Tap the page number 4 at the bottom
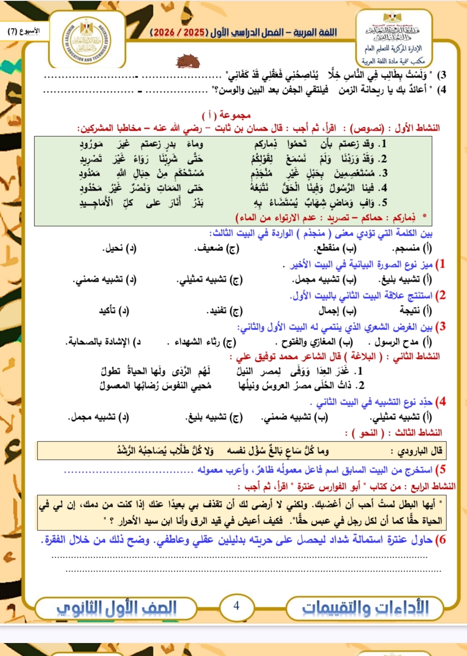pos(236,606)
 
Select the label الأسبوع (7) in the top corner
pos(24,31)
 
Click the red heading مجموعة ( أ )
pos(226,115)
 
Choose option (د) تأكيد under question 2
pos(114,311)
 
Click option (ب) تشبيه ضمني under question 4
pos(295,417)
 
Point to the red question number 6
pos(441,540)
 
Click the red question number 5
pos(441,470)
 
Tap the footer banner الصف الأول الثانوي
pos(116,608)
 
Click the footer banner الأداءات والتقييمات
pos(365,608)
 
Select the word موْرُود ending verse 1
pos(91,144)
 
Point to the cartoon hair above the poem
pos(188,61)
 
